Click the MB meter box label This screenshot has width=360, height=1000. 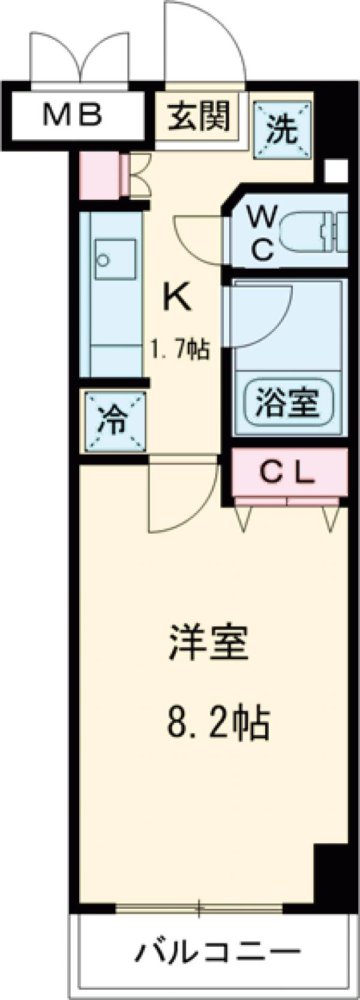click(x=73, y=115)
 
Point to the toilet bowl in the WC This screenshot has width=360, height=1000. click(x=315, y=232)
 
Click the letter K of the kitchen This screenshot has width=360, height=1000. click(x=178, y=297)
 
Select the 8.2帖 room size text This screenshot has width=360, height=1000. click(x=217, y=723)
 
